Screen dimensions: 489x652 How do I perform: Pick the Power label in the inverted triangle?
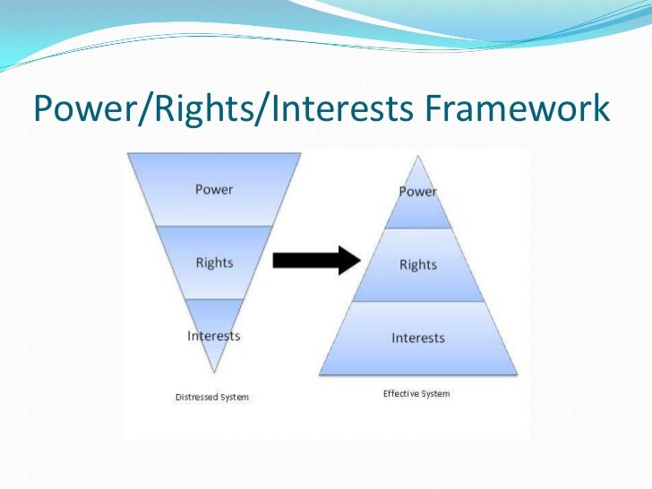point(214,189)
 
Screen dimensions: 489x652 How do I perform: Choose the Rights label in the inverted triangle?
point(214,262)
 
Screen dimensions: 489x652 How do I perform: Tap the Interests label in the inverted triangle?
point(214,336)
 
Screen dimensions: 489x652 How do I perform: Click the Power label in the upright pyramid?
point(417,192)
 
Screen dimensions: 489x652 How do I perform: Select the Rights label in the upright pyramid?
point(417,265)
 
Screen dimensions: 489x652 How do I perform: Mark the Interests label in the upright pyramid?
point(417,338)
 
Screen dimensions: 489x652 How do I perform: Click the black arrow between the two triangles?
point(315,260)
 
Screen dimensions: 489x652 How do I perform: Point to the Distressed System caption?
point(212,397)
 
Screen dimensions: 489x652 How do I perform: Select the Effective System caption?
point(416,393)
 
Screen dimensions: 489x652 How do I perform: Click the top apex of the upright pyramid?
point(418,156)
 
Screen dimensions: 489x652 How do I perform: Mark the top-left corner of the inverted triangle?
point(128,153)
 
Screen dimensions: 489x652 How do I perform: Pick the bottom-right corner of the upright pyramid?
point(518,373)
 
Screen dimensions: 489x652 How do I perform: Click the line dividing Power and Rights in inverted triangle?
point(214,226)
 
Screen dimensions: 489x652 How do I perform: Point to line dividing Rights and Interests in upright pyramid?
point(418,302)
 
